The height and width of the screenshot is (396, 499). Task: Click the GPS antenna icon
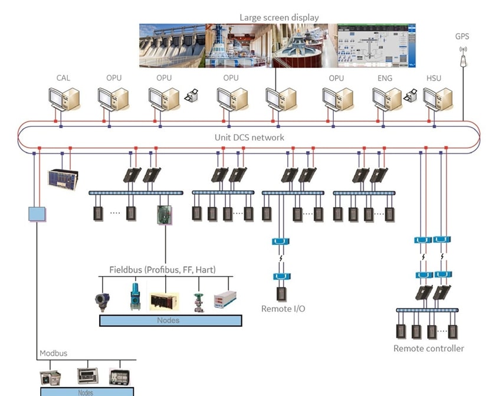463,56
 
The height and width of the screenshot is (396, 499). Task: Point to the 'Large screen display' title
279,17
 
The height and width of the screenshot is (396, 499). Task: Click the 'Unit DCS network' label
249,138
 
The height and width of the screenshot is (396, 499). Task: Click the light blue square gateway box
37,213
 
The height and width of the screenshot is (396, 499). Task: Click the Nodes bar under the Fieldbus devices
170,320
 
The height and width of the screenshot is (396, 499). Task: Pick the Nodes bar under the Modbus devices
87,391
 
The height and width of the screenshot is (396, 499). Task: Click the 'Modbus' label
53,353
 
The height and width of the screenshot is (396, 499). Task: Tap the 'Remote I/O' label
283,309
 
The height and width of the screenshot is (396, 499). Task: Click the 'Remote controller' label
429,348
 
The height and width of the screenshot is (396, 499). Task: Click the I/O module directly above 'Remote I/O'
281,293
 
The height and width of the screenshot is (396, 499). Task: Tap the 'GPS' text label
462,37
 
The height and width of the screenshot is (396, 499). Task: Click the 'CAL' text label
64,78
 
